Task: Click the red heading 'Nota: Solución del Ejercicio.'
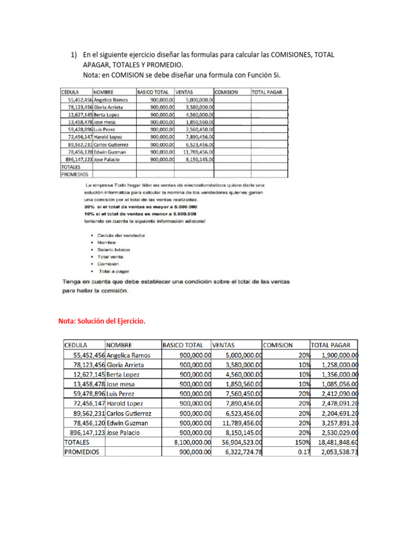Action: point(102,322)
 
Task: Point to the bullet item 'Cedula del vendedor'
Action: point(121,235)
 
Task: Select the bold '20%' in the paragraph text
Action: point(89,207)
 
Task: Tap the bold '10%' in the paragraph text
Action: point(89,214)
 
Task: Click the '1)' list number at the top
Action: point(74,56)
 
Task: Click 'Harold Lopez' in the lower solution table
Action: point(125,404)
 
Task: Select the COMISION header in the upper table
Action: point(226,92)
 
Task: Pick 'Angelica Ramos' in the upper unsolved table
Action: point(111,100)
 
